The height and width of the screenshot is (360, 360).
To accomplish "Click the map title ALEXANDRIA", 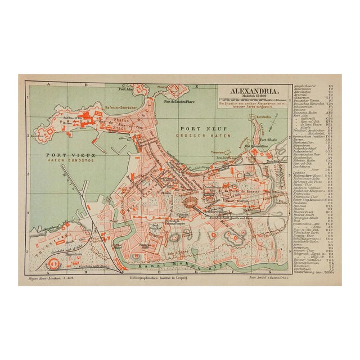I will coord(252,89).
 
